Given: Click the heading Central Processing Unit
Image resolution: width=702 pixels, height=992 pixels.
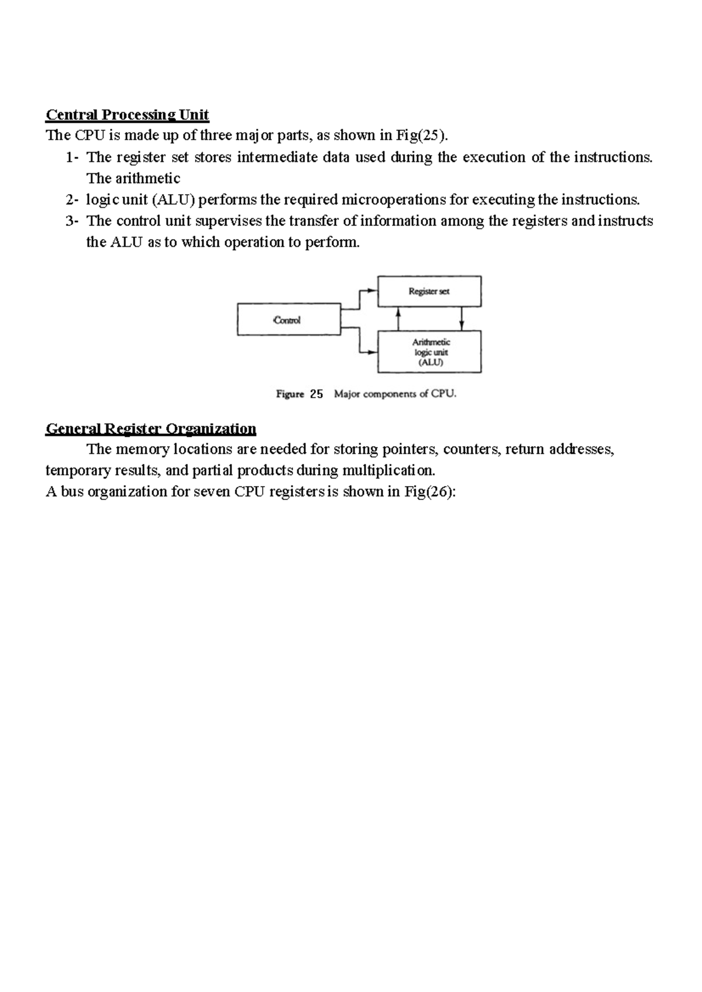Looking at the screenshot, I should tap(127, 114).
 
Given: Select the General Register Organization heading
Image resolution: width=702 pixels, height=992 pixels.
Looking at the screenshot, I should tap(150, 429).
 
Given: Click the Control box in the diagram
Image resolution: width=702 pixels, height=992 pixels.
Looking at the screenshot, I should tap(288, 319).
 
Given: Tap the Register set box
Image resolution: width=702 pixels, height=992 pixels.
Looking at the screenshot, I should tap(429, 291).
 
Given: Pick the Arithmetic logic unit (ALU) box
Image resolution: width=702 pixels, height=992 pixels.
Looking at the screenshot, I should tap(429, 352).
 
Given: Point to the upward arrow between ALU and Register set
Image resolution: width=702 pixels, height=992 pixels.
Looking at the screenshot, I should tap(398, 319).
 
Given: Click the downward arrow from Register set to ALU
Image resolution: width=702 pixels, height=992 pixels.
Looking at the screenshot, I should tap(462, 319).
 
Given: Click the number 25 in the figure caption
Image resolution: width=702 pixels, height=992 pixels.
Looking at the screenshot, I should tap(316, 394).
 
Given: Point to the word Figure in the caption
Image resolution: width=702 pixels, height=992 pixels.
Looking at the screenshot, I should tap(290, 394).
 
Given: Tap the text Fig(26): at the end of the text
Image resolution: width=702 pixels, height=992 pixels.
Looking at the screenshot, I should tap(429, 492).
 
